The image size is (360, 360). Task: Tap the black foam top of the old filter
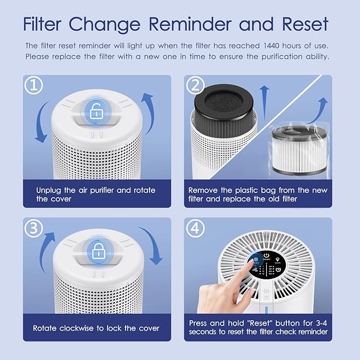(x=224, y=100)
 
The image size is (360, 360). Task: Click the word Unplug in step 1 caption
(x=49, y=190)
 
